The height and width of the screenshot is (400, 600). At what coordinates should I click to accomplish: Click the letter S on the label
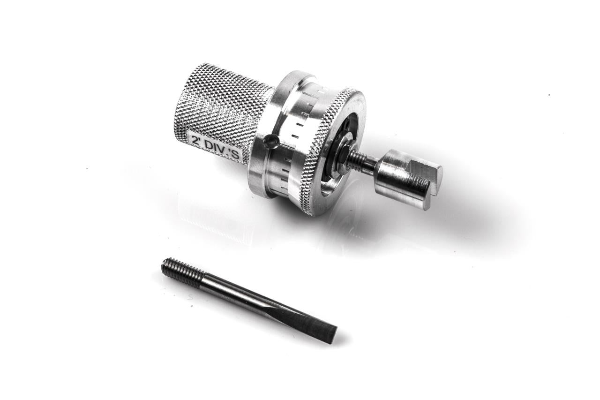(x=238, y=157)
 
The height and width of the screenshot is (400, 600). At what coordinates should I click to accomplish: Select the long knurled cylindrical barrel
(x=222, y=113)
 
